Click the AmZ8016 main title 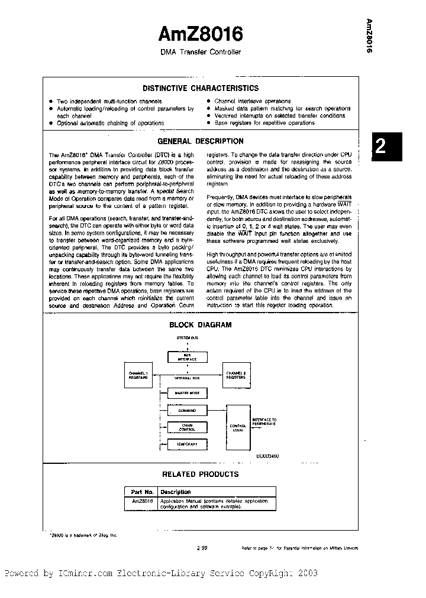coord(201,34)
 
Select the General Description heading coord(200,141)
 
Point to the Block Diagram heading coord(200,324)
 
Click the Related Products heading coord(200,474)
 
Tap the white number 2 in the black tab coord(381,146)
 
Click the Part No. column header coord(140,492)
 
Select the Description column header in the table coord(176,492)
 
